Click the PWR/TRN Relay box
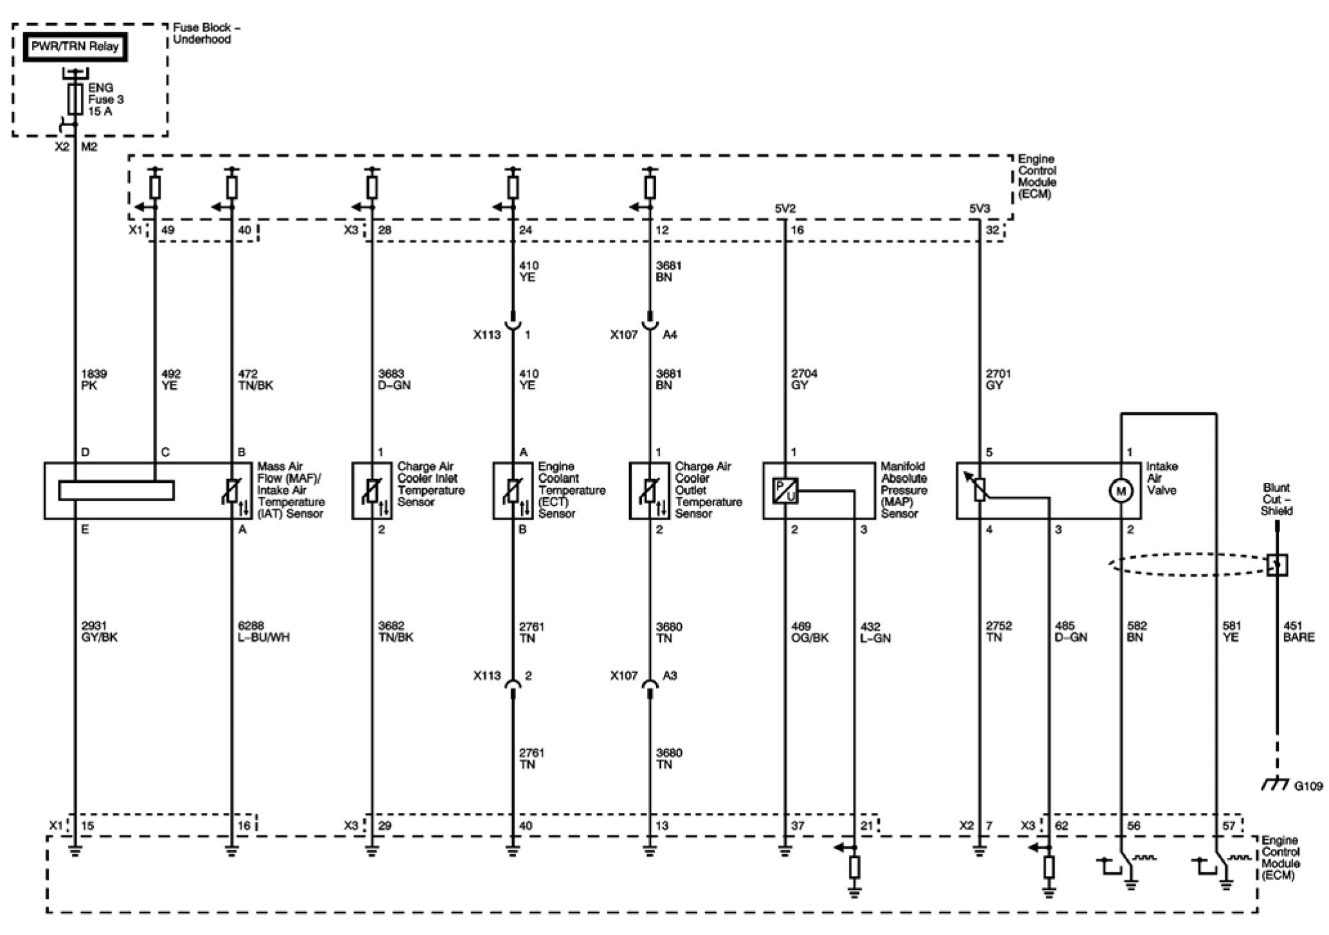click(x=75, y=47)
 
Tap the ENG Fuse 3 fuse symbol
click(x=75, y=99)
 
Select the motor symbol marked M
click(x=1121, y=491)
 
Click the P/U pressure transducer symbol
click(x=785, y=491)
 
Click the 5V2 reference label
click(x=785, y=208)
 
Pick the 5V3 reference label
click(x=980, y=208)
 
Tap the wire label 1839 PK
click(x=94, y=379)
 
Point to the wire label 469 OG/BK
click(x=809, y=631)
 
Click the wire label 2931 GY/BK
click(x=100, y=631)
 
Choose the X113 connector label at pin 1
click(x=486, y=335)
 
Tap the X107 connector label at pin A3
click(x=624, y=676)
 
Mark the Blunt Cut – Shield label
click(x=1276, y=499)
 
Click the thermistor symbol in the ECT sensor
click(x=512, y=491)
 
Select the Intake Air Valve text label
click(x=1162, y=478)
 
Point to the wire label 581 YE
click(x=1231, y=631)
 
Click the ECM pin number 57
click(x=1228, y=826)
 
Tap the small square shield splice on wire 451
click(x=1276, y=565)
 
